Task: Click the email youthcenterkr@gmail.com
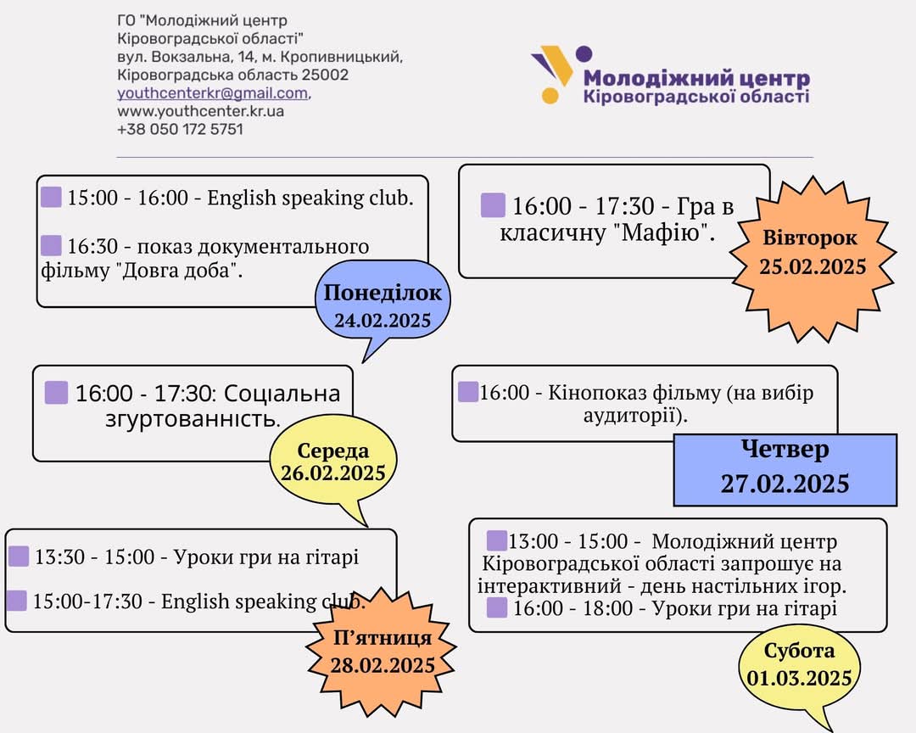(x=213, y=93)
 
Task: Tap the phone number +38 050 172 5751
(x=180, y=129)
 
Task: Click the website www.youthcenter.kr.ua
(x=200, y=111)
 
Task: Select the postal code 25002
(x=325, y=75)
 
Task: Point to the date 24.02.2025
(x=383, y=321)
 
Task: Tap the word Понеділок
(x=383, y=293)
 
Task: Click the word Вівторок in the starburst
(x=810, y=238)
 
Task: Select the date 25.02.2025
(x=813, y=266)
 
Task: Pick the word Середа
(x=333, y=450)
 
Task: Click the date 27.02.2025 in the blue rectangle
(x=785, y=484)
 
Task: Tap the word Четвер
(x=785, y=449)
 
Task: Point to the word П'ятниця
(x=382, y=638)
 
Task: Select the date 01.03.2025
(x=799, y=678)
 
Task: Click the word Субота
(x=799, y=651)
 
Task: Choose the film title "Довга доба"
(x=182, y=271)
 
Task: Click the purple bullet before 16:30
(x=51, y=245)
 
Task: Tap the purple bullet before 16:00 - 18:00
(x=496, y=608)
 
